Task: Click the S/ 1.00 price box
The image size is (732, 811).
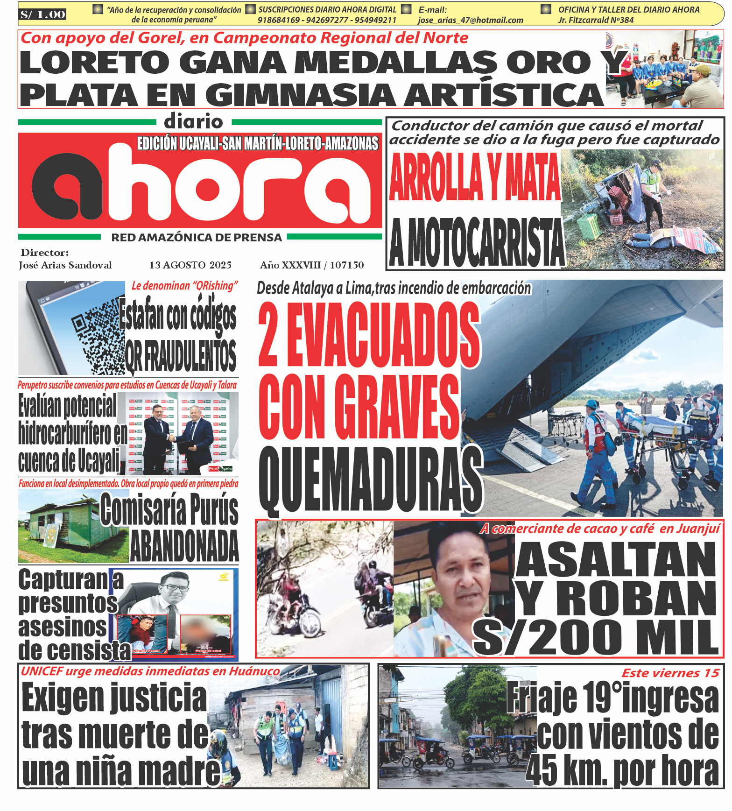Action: pos(42,14)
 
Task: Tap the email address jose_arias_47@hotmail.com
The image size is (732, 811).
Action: pos(470,20)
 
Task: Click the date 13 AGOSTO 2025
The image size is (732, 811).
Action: pos(190,265)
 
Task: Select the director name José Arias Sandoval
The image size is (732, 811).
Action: pos(65,265)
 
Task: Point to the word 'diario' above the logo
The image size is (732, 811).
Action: pos(193,122)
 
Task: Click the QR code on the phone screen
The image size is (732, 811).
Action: pos(98,334)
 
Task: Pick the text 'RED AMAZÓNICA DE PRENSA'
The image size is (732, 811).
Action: pos(197,238)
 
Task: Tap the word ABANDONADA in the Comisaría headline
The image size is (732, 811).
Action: pos(184,546)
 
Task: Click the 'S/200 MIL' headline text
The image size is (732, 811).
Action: pos(596,637)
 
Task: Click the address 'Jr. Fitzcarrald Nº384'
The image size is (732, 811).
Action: pos(596,20)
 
